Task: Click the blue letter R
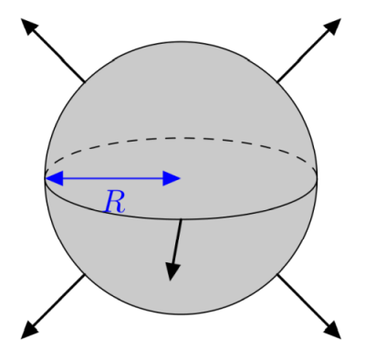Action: click(113, 201)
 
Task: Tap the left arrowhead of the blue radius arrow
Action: click(53, 178)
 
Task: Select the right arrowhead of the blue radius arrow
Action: click(172, 178)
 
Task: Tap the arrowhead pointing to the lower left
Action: click(29, 331)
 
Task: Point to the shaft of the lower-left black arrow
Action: click(58, 302)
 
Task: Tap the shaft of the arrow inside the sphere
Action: click(177, 239)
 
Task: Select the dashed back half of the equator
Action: click(182, 138)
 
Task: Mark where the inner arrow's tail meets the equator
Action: click(182, 219)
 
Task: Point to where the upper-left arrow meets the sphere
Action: click(85, 81)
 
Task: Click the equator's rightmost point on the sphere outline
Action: click(318, 178)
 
